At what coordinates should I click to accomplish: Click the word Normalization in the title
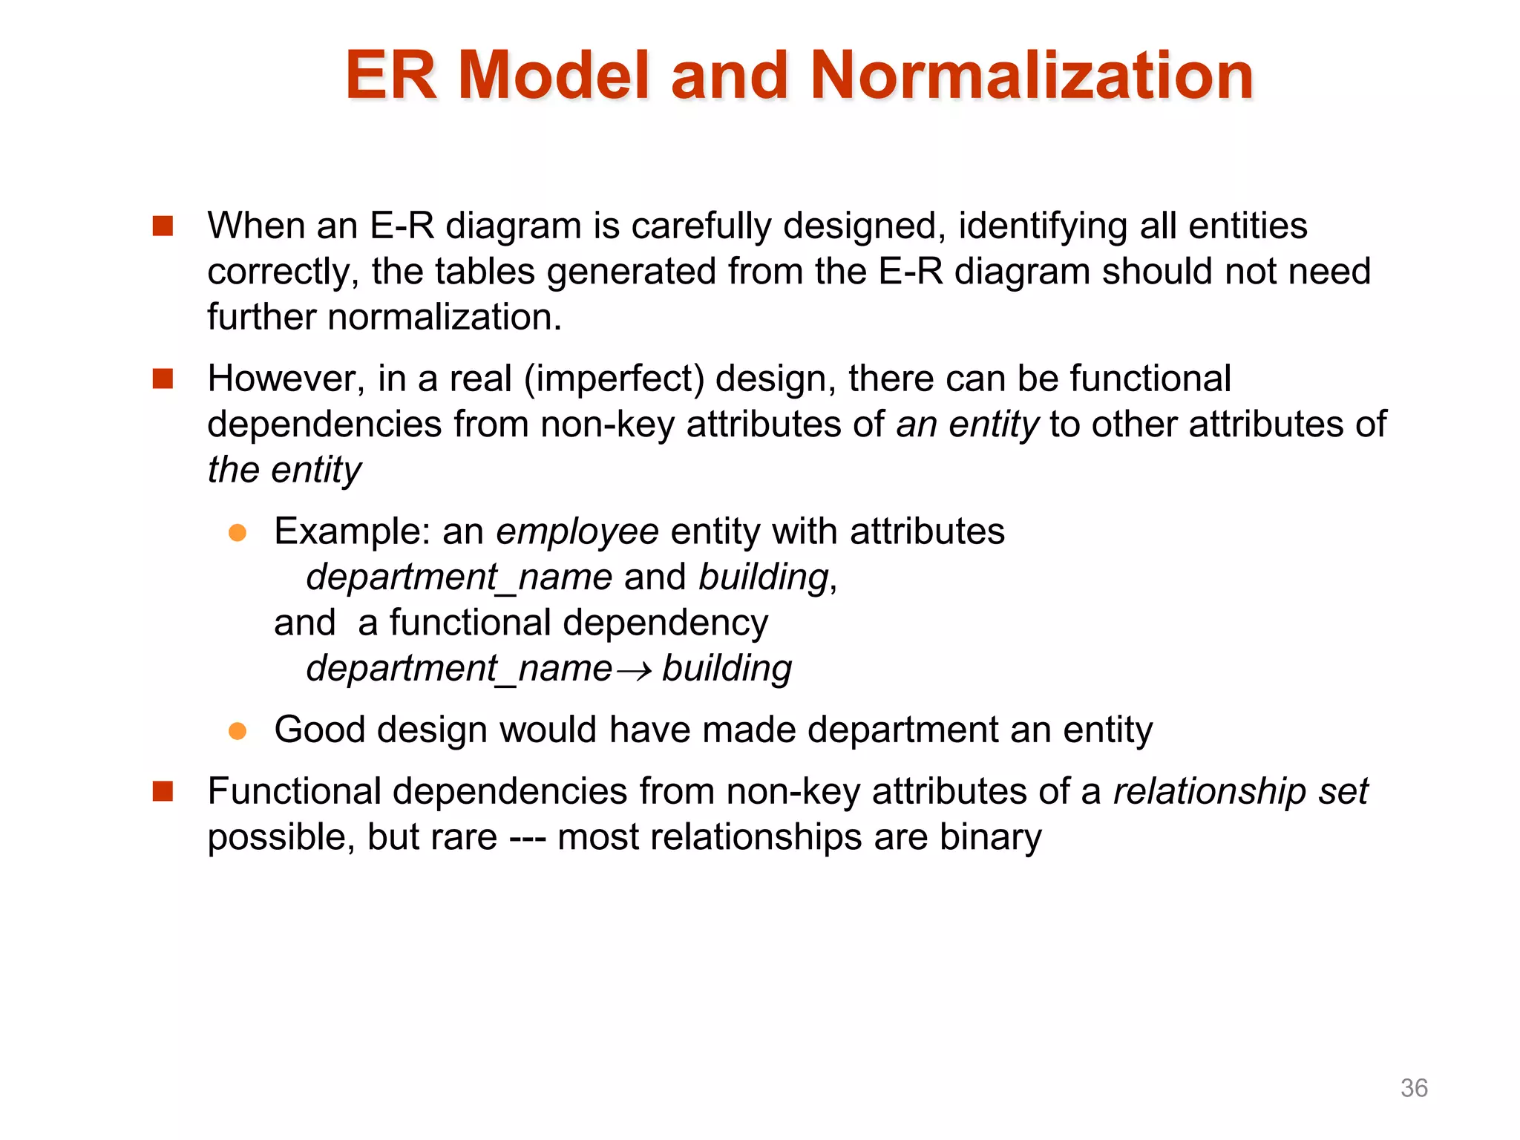pos(1032,76)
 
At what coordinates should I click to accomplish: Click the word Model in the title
pos(554,76)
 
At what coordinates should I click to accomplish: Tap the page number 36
pos(1413,1088)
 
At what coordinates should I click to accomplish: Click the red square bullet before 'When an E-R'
pos(163,226)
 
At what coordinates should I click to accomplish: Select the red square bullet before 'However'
pos(163,379)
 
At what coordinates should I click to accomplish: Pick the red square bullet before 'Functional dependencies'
pos(163,792)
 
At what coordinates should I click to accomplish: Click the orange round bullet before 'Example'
pos(237,533)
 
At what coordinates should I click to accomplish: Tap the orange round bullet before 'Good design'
pos(237,731)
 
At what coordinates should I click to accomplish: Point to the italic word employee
pos(577,532)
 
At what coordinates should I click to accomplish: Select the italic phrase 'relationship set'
pos(1240,791)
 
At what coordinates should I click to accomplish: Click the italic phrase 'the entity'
pos(284,471)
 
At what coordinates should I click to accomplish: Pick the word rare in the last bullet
pos(465,837)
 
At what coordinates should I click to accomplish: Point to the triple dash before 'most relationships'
pos(528,839)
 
